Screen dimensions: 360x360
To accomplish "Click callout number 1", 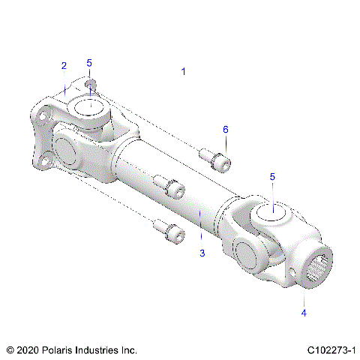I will click(183, 71).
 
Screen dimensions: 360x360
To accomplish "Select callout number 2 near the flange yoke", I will click(64, 66).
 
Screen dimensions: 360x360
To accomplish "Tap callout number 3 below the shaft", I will click(202, 253).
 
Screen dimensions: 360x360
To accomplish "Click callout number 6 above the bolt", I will click(225, 130).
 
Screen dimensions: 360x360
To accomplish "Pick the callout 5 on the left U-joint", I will click(89, 62).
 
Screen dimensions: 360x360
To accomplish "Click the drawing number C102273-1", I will click(331, 350).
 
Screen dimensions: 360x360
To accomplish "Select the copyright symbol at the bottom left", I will click(10, 350).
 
